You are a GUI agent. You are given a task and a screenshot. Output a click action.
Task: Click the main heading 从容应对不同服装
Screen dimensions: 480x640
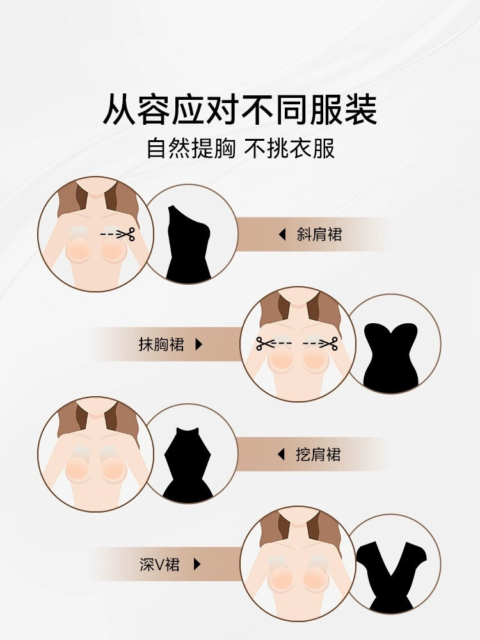pos(239,109)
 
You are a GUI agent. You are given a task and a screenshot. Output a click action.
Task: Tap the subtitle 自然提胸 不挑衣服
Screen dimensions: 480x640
pos(241,148)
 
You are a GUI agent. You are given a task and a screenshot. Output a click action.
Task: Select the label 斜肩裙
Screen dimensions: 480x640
pos(319,235)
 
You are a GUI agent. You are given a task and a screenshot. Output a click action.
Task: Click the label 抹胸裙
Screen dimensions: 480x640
pos(161,344)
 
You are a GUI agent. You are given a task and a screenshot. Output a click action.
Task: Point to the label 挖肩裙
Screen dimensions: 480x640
pos(318,454)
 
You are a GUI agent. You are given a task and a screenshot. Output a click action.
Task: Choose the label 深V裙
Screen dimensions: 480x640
pos(159,564)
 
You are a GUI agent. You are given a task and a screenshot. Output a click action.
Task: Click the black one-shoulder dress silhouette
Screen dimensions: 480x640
pos(188,243)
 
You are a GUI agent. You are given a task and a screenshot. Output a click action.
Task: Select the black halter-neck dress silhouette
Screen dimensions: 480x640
pos(188,465)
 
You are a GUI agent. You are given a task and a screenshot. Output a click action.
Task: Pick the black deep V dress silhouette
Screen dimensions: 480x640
pos(391,577)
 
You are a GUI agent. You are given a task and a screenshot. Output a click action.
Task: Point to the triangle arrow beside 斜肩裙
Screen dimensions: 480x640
pos(282,235)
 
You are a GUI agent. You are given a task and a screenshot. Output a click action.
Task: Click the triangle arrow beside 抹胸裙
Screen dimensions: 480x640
pos(199,344)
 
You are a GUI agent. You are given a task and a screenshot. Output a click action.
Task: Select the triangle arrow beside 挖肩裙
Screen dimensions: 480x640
pos(281,454)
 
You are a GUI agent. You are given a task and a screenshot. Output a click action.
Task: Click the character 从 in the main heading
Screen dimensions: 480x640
pos(119,109)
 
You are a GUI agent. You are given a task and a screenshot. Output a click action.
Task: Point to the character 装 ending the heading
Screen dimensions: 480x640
pos(361,109)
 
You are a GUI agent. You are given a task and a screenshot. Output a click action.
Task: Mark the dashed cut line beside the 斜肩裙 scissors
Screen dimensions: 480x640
pos(109,235)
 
